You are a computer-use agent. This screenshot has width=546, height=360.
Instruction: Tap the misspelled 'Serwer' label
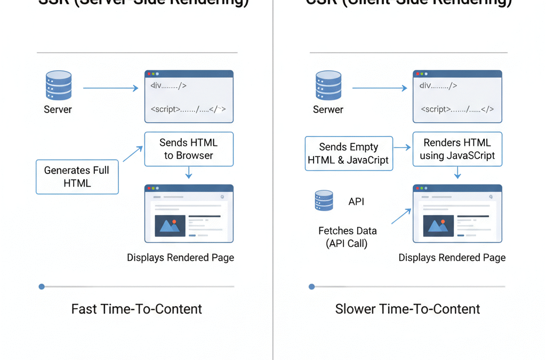click(328, 109)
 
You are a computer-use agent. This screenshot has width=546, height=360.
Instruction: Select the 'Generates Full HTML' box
click(77, 177)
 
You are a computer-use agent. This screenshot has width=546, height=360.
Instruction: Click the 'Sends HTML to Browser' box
click(189, 149)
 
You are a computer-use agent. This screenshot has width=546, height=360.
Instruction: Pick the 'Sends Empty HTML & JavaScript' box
click(349, 153)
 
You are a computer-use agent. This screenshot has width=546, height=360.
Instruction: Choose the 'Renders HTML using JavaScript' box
click(457, 149)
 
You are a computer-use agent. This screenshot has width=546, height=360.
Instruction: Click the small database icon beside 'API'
click(324, 201)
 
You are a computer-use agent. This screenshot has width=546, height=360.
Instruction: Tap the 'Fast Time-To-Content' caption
click(136, 309)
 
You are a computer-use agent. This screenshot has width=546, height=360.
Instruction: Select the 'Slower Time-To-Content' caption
click(407, 309)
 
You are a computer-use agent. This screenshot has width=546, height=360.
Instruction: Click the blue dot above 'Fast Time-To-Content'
click(42, 287)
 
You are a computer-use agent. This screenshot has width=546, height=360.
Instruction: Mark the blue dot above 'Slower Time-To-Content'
click(312, 287)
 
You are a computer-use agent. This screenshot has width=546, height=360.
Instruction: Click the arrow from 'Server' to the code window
click(110, 89)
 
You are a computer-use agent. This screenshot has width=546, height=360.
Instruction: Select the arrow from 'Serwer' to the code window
click(380, 89)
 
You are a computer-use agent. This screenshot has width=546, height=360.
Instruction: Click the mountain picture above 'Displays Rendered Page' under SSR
click(170, 226)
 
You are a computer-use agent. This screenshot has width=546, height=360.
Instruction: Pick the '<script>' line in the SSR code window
click(188, 109)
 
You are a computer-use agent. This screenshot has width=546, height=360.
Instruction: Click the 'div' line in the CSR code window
click(438, 86)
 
